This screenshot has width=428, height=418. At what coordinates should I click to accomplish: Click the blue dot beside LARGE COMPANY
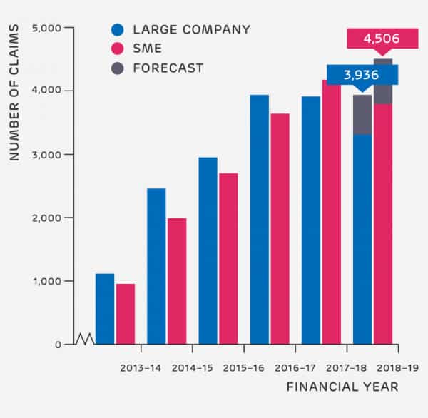(118, 30)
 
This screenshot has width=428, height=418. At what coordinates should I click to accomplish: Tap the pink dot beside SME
(118, 49)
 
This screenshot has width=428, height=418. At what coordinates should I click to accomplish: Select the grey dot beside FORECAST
(118, 68)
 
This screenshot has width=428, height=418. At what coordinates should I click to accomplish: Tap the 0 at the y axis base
(59, 345)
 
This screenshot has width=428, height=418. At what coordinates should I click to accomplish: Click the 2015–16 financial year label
(244, 368)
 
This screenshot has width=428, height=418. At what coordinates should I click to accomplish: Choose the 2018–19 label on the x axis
(397, 368)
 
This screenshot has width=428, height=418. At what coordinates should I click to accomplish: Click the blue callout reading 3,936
(362, 74)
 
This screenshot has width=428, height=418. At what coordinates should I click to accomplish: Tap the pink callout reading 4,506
(382, 38)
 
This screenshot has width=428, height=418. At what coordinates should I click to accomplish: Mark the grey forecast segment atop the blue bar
(362, 114)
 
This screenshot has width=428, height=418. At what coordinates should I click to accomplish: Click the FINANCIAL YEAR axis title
(342, 387)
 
